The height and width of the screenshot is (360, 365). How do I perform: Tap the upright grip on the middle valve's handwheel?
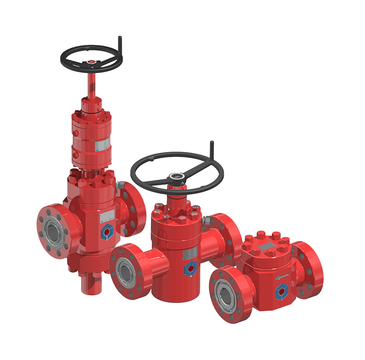212,149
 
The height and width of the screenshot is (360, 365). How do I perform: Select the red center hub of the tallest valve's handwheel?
91,61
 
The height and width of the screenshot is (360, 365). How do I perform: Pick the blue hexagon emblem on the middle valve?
190,268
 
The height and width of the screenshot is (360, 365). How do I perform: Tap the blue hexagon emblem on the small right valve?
280,292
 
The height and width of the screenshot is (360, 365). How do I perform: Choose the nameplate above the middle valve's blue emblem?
190,254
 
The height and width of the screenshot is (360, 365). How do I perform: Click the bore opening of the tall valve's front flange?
55,231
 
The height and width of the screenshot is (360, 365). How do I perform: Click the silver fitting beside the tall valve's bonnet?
119,185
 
